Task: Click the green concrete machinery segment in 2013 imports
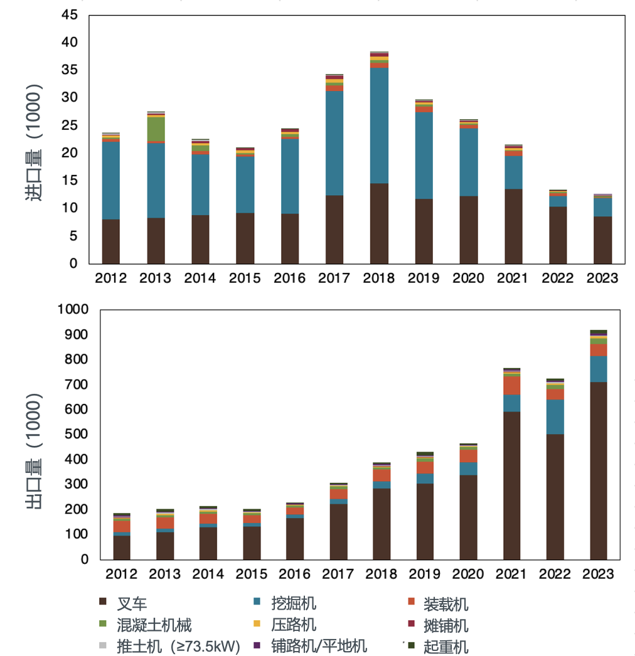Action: click(x=156, y=129)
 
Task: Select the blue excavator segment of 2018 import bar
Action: click(x=379, y=125)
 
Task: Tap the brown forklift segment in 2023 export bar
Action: click(x=599, y=470)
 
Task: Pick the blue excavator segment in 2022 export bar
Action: click(x=555, y=416)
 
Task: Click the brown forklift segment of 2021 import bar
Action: click(x=513, y=226)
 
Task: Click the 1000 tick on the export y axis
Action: click(x=73, y=309)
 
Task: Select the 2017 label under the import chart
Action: click(x=334, y=278)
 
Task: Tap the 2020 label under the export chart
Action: click(x=468, y=574)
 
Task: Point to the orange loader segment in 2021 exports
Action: click(x=512, y=385)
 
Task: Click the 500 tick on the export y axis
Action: click(x=77, y=434)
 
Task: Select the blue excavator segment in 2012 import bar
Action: click(x=111, y=180)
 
